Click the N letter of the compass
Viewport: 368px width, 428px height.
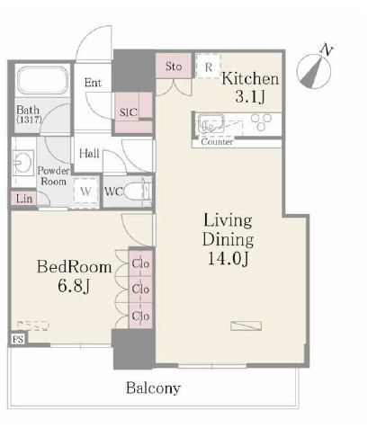pos(326,50)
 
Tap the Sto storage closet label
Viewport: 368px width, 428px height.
pos(174,67)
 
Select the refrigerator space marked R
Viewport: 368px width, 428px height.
pos(209,67)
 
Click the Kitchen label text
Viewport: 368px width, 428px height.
pos(250,78)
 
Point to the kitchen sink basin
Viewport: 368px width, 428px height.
pos(211,123)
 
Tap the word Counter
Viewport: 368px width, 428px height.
pos(217,141)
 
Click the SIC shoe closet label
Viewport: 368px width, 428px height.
pos(128,112)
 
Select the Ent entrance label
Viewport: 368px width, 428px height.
pos(93,83)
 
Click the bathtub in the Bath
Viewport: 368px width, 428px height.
pos(42,80)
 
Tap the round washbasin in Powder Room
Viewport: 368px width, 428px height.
pos(22,162)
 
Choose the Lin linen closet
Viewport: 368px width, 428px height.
pos(24,199)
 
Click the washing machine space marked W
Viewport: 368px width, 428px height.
pos(86,191)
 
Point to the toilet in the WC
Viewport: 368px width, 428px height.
pos(137,192)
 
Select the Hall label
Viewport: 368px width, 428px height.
pos(89,154)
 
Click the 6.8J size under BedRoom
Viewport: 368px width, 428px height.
pos(74,286)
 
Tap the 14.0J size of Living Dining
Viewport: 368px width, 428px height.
pos(228,258)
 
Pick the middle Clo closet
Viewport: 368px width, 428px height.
pos(140,289)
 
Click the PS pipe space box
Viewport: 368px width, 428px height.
pos(18,339)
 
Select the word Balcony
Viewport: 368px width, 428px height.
pos(153,388)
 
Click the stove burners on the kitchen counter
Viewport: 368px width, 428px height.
pos(261,122)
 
